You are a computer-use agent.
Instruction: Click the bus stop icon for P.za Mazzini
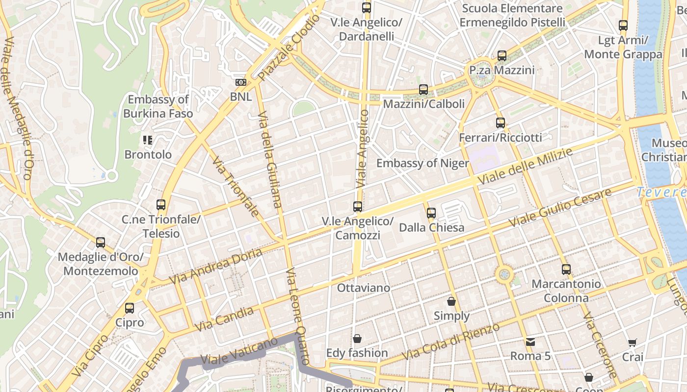502,56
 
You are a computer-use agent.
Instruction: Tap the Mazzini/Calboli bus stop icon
423,90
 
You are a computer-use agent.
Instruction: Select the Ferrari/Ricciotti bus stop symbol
500,123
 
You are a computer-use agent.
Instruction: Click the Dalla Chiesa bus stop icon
431,213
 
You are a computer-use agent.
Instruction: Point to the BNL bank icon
241,82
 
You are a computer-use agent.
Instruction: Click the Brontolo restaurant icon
148,141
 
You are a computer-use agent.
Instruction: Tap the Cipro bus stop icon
130,308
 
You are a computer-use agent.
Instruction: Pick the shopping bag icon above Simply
451,301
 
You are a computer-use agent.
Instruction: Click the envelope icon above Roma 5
530,342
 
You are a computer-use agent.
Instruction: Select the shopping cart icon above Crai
633,343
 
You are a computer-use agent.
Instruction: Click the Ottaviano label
364,288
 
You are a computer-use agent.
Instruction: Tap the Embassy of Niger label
423,163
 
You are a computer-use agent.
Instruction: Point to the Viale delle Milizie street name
525,167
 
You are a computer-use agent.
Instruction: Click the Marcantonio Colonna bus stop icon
566,269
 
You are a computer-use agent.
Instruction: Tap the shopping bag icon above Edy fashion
357,339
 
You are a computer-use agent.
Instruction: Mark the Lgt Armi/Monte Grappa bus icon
623,25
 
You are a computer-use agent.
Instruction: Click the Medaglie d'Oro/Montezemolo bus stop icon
101,242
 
